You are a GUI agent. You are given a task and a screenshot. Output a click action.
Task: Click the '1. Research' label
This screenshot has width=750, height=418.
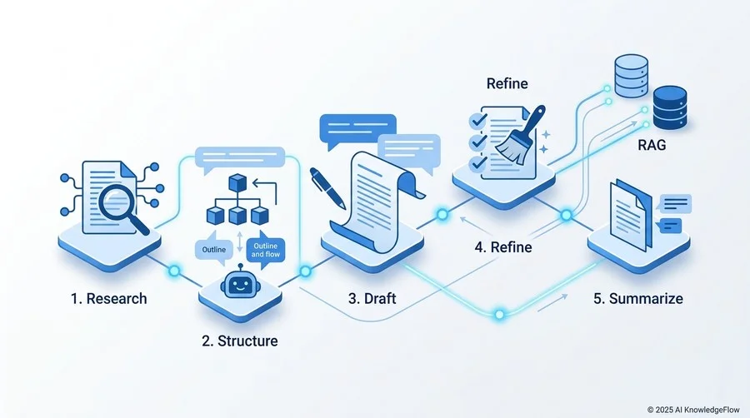pyautogui.click(x=108, y=299)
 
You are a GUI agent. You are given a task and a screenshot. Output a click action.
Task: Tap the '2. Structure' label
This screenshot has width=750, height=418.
pyautogui.click(x=240, y=341)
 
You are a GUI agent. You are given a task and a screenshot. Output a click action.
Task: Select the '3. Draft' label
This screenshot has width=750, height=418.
pyautogui.click(x=372, y=299)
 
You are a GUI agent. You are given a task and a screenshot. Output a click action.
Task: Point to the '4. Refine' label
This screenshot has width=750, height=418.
pyautogui.click(x=503, y=247)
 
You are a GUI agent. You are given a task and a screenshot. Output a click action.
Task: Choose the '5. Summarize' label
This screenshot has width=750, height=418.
pyautogui.click(x=638, y=299)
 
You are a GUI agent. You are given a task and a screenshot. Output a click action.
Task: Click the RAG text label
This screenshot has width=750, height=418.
pyautogui.click(x=652, y=145)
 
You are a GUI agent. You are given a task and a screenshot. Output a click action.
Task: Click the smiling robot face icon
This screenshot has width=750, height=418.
pyautogui.click(x=238, y=285)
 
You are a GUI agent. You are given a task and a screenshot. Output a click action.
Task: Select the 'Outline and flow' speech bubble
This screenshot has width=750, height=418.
pyautogui.click(x=266, y=251)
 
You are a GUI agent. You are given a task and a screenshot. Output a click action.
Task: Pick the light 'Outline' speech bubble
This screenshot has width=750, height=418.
pyautogui.click(x=214, y=249)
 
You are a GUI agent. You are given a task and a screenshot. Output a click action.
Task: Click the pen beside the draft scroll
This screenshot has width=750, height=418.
pyautogui.click(x=327, y=187)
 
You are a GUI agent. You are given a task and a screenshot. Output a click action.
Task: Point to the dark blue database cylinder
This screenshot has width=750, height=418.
pyautogui.click(x=670, y=107)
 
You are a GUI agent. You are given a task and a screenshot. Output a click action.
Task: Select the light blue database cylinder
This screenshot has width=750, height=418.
pyautogui.click(x=632, y=76)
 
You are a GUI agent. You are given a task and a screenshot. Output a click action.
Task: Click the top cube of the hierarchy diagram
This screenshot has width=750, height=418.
pyautogui.click(x=237, y=183)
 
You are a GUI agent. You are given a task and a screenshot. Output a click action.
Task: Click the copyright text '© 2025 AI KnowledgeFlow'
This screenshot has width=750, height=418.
pyautogui.click(x=693, y=410)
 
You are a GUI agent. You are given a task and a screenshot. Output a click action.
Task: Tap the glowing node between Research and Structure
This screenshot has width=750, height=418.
pyautogui.click(x=174, y=271)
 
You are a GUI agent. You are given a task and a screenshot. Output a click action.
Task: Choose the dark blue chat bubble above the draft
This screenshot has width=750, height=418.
pyautogui.click(x=357, y=130)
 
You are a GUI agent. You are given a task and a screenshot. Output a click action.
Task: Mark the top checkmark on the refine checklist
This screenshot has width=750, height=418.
pyautogui.click(x=477, y=121)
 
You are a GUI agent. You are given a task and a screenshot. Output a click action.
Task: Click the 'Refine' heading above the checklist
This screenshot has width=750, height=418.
pyautogui.click(x=507, y=83)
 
